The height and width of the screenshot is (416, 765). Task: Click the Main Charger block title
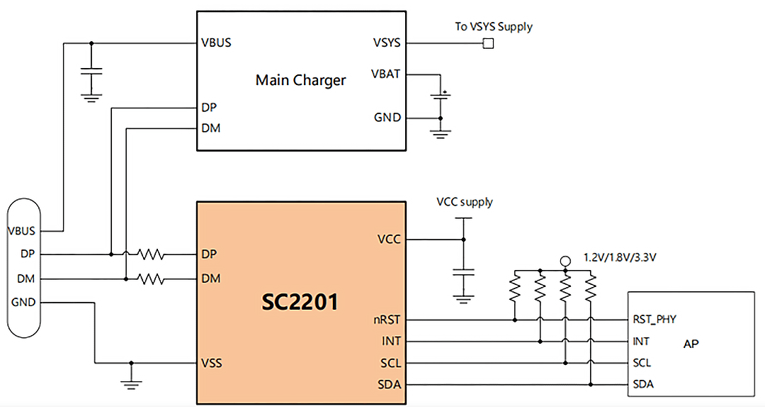300,80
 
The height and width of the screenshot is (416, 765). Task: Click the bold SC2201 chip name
301,303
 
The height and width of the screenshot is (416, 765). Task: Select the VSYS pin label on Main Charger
386,43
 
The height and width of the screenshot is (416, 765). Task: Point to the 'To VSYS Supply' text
493,27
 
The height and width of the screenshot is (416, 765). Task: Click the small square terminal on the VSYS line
488,43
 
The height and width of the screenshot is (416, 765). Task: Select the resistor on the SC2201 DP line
151,254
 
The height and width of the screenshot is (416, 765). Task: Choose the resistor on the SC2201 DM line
151,279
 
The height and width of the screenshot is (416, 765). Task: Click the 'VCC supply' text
464,202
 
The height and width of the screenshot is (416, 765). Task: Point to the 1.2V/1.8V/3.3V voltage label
620,257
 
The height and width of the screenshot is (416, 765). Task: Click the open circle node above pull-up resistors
565,262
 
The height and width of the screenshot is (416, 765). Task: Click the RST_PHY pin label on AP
654,320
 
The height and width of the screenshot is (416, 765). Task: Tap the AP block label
691,344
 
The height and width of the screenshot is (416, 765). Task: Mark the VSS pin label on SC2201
212,364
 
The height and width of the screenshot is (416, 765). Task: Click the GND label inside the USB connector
23,302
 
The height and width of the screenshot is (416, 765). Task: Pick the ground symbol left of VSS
130,383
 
